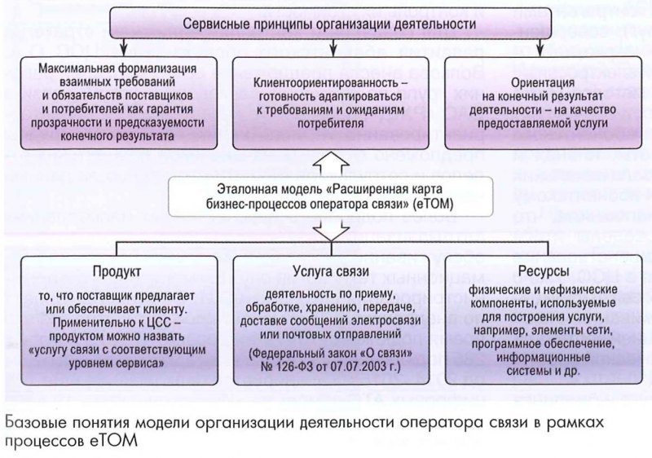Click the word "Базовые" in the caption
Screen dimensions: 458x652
tap(39, 422)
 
